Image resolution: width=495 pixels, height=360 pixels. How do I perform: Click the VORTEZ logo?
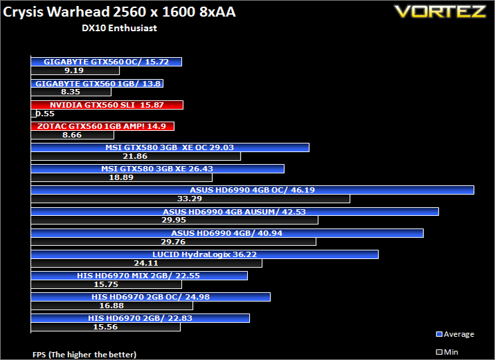440,11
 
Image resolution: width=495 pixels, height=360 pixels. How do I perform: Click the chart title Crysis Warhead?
56,12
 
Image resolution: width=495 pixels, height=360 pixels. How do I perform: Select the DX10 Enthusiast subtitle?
120,28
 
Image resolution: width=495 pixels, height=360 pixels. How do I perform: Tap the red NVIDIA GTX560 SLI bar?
107,105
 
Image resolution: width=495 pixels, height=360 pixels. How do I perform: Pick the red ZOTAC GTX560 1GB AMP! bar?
102,126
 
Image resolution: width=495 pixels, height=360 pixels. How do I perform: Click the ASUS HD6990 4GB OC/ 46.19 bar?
252,190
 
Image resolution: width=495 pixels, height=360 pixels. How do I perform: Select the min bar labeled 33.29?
191,199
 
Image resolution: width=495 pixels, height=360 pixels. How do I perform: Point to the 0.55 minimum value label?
45,114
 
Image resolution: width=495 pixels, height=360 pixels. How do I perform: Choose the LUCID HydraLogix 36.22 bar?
205,254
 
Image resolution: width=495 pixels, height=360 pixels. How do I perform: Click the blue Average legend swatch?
439,334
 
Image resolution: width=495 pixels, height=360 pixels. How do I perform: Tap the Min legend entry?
447,352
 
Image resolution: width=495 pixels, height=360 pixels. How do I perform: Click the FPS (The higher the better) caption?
84,355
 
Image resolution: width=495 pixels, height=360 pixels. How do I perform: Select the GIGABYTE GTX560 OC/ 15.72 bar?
106,62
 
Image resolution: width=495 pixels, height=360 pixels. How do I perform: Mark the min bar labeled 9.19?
75,70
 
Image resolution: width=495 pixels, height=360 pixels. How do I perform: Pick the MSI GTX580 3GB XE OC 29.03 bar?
170,147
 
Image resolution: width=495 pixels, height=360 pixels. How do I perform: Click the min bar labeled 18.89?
122,177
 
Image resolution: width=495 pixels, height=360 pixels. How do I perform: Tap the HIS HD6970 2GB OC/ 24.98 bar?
151,297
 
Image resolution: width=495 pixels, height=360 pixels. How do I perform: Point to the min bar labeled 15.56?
106,327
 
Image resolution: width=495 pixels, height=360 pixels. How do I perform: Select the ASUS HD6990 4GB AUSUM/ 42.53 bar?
235,212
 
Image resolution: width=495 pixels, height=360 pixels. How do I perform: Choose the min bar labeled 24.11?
146,263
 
